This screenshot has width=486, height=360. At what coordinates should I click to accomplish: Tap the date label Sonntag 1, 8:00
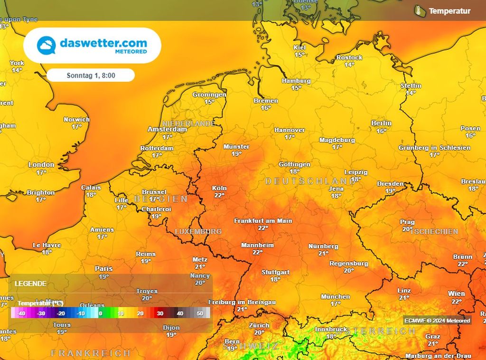pos(91,75)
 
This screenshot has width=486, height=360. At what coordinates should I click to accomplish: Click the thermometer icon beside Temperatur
pos(418,10)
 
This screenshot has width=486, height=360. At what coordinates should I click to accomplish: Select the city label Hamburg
pos(296,81)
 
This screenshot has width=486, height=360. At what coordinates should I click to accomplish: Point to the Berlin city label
pos(381,123)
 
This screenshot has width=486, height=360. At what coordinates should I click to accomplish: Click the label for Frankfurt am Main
pos(263,221)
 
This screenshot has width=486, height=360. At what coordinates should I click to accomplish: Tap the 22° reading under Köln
pos(219,195)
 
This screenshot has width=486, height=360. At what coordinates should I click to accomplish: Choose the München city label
pos(336,296)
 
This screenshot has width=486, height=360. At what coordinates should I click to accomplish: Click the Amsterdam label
pos(167,129)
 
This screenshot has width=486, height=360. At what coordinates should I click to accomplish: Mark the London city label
pos(41,165)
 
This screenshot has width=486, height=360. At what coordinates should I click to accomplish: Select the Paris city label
pos(103,268)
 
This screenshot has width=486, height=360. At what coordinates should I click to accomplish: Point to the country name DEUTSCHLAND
pos(310,181)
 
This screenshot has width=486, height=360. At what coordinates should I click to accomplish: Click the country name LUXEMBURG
pos(198,231)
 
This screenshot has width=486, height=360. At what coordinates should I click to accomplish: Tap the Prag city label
pos(407,222)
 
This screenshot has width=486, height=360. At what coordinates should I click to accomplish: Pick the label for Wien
pos(457,294)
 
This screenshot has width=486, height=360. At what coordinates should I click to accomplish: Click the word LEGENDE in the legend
pos(30,284)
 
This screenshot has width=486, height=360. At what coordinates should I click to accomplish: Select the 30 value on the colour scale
pos(160,313)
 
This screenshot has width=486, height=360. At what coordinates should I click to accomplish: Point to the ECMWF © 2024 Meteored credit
pos(437,321)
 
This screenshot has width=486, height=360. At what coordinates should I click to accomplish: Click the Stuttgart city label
pos(275,272)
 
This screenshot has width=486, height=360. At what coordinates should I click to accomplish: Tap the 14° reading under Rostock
pos(349,65)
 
